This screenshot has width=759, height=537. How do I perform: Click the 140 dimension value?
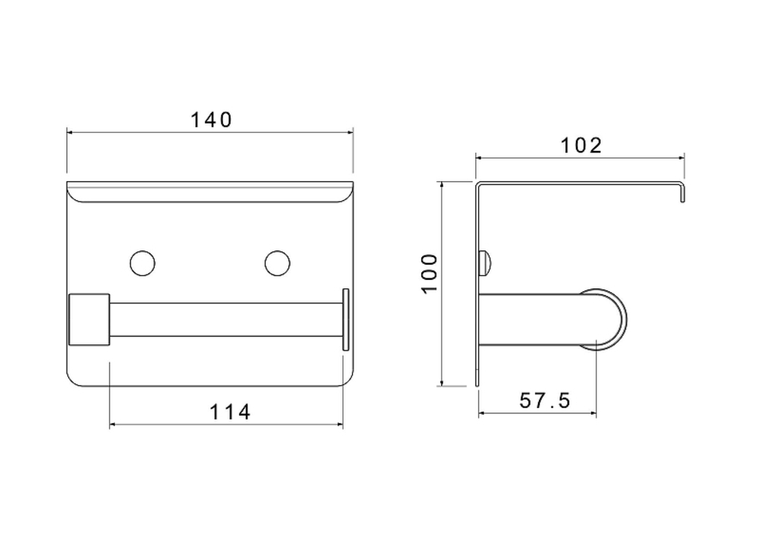[211, 120]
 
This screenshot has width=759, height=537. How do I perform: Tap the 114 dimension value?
[230, 412]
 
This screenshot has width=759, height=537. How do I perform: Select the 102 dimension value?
[581, 146]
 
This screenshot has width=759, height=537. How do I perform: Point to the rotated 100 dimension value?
[430, 273]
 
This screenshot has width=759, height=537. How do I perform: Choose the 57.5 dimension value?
[545, 400]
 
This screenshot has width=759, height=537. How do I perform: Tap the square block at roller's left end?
[90, 319]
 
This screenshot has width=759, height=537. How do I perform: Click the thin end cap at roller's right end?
[345, 319]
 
